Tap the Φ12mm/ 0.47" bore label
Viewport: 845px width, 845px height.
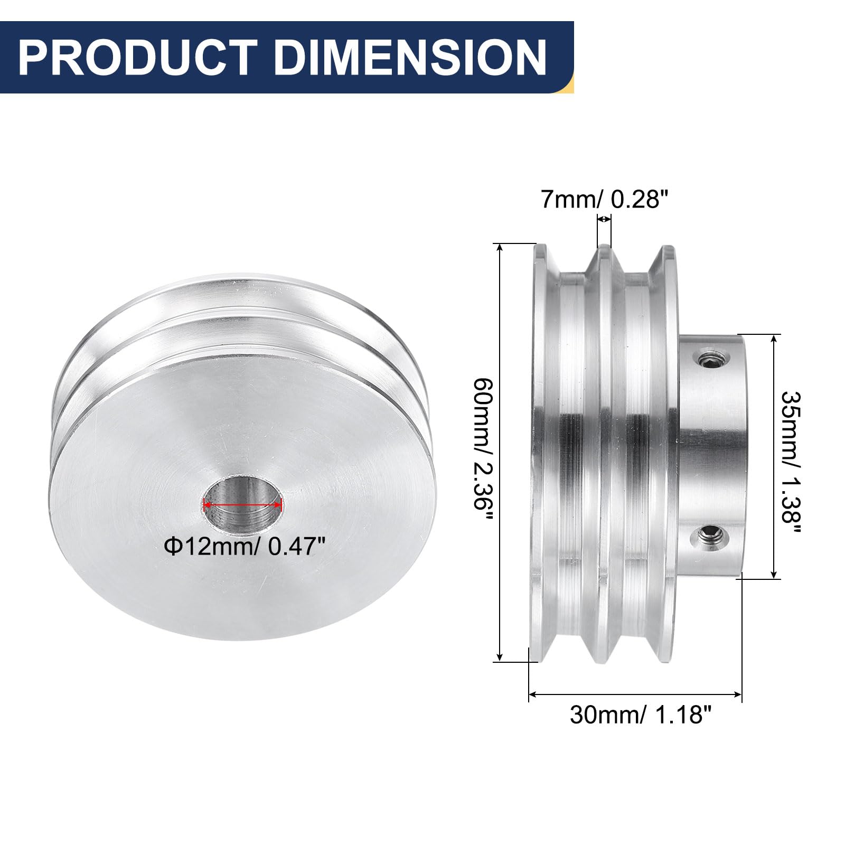pyautogui.click(x=243, y=546)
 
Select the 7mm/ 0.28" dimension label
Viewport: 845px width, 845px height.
pyautogui.click(x=605, y=200)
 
